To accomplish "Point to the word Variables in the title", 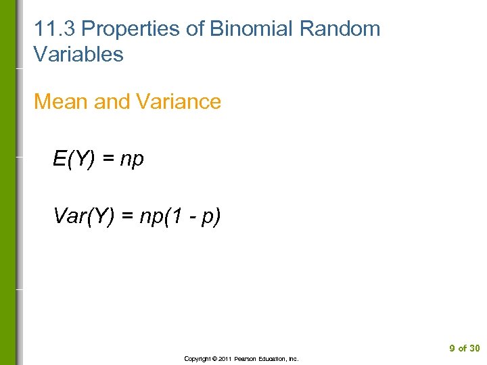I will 78,55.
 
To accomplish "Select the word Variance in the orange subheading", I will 179,101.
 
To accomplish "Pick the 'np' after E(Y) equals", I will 132,160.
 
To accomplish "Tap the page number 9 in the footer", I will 452,349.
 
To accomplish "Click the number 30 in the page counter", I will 474,349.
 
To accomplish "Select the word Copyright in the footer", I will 197,359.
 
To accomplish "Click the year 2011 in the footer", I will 225,359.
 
